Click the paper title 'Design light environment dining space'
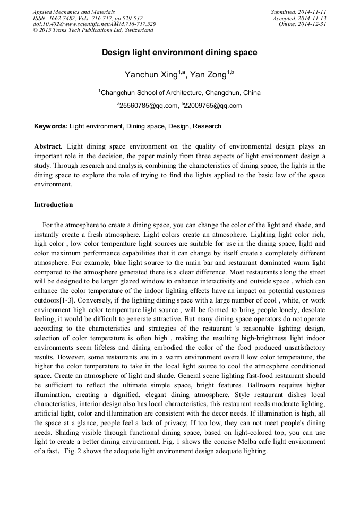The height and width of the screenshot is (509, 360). [179, 53]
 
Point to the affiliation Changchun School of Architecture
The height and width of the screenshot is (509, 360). [152, 92]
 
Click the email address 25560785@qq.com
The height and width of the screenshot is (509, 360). [150, 106]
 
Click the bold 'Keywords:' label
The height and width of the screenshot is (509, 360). [51, 126]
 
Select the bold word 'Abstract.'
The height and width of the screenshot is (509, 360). [48, 146]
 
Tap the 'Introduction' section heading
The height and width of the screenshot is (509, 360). [54, 204]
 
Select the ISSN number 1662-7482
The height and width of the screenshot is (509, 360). [64, 18]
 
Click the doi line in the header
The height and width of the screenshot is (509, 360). [94, 24]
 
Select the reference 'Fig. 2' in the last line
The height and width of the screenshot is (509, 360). [73, 451]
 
